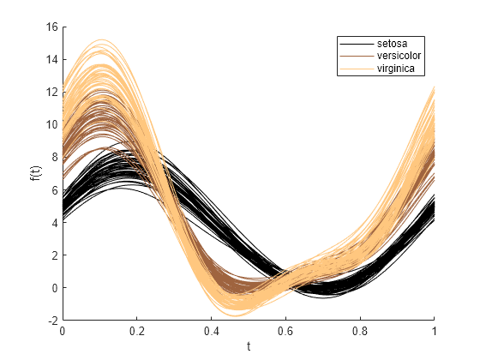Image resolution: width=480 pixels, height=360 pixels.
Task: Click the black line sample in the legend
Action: pos(357,42)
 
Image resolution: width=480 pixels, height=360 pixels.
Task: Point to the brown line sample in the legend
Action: pos(357,56)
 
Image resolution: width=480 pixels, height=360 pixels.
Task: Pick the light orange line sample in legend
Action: pos(357,69)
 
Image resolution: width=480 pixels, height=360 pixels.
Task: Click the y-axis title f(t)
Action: pos(33,173)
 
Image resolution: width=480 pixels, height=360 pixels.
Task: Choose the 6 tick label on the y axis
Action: pos(53,189)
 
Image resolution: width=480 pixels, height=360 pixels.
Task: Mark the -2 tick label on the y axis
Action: pos(51,320)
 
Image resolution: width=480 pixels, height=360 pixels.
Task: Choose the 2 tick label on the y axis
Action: pos(53,255)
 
